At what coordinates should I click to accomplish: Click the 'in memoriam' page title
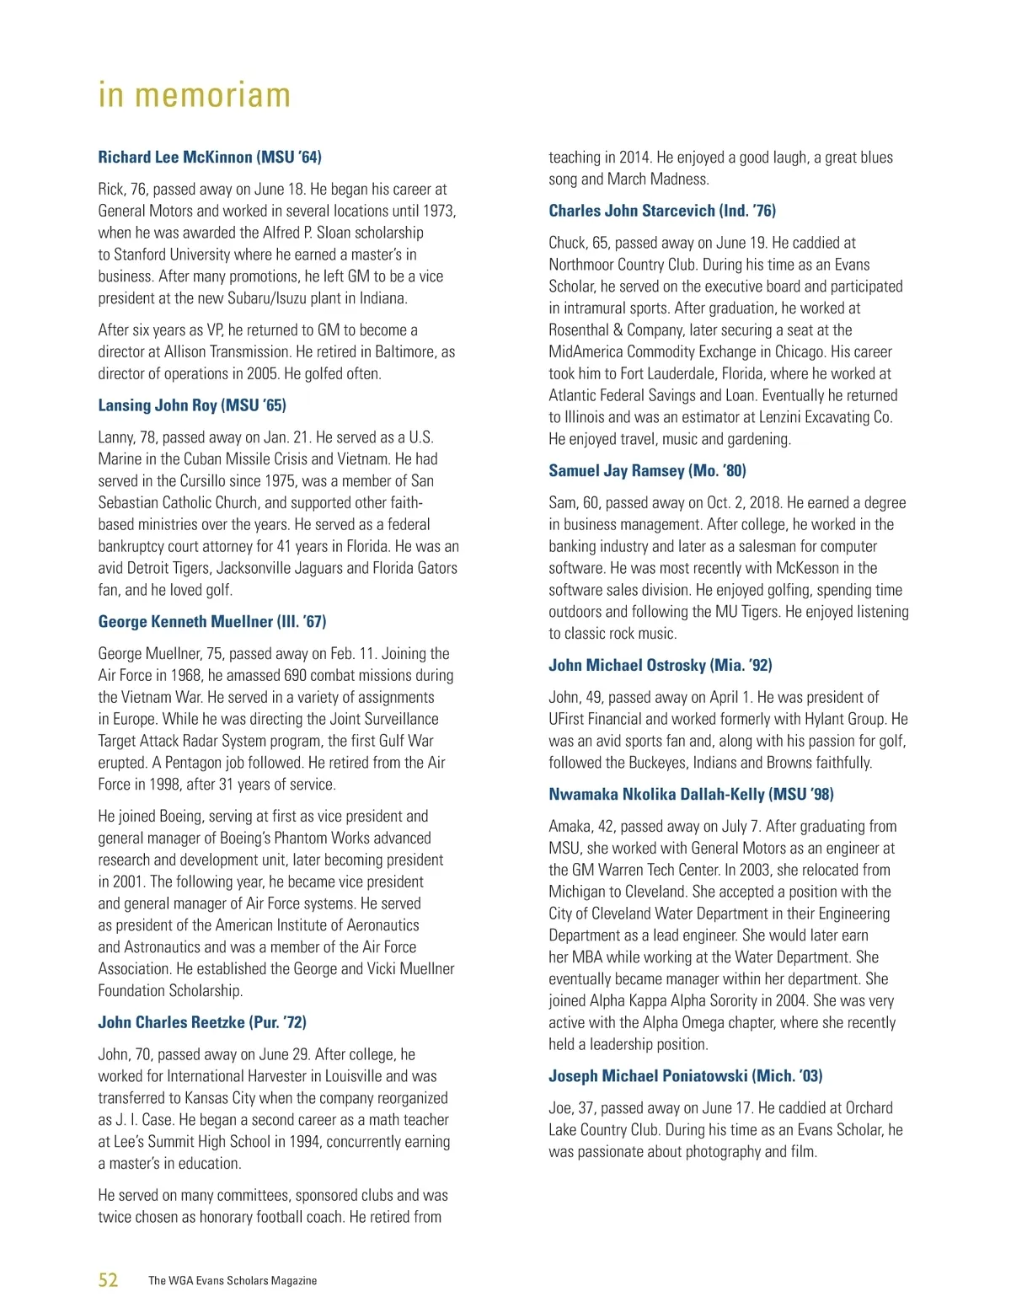(195, 95)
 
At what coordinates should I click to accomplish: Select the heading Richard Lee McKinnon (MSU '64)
(210, 158)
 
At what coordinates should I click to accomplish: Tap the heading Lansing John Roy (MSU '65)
(192, 405)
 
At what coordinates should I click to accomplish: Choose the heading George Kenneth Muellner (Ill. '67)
(212, 622)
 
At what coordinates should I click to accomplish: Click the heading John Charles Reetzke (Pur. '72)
(202, 1023)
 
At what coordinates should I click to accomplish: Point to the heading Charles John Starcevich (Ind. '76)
(662, 211)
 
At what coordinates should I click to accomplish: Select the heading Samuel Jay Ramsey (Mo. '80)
(647, 471)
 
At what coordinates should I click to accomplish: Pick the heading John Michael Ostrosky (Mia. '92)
(661, 666)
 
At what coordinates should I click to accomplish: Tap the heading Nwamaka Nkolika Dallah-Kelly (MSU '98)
(691, 795)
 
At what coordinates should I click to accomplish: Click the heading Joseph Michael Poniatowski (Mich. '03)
(686, 1076)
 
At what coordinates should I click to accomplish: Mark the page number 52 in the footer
(109, 1280)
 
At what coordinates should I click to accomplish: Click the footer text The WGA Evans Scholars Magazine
(233, 1281)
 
